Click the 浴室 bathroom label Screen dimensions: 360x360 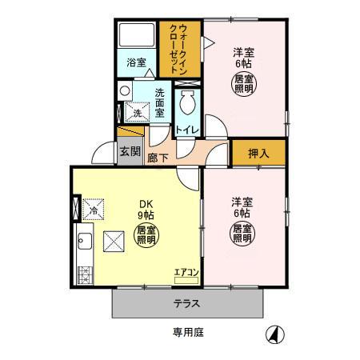pos(136,62)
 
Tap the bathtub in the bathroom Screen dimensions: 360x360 pos(137,36)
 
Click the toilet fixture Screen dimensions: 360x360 pos(188,102)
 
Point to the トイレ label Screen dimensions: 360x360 pos(187,130)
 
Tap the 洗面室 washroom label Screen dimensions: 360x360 pos(160,102)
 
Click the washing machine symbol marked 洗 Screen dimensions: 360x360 pos(136,114)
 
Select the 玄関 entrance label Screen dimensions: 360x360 pos(129,150)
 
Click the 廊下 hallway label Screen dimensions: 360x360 pos(158,158)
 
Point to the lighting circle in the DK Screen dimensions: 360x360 pos(146,235)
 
